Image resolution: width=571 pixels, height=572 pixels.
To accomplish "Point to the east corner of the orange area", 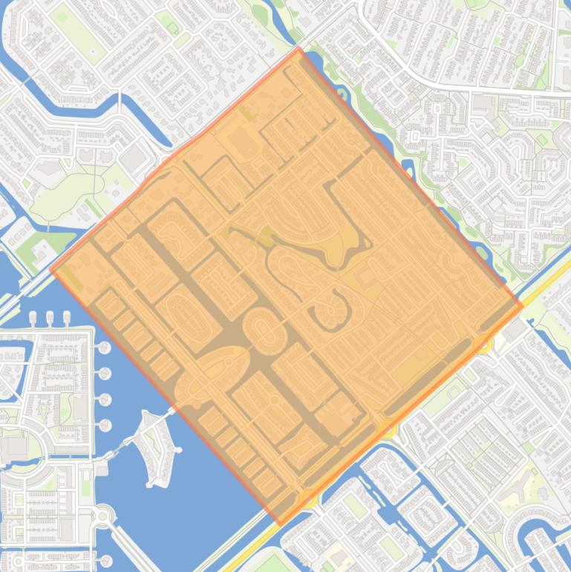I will tap(522, 305).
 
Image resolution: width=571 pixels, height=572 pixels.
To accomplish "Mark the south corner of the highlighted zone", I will tap(280, 524).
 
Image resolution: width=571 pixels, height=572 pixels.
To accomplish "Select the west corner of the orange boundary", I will tap(50, 269).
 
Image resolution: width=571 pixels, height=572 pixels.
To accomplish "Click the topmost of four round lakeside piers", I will tap(104, 348).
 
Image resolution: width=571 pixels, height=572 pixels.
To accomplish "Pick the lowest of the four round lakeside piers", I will tap(104, 425).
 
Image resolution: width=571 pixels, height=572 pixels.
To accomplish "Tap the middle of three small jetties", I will tap(50, 318).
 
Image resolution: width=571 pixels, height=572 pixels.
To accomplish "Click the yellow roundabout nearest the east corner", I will tap(484, 343).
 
